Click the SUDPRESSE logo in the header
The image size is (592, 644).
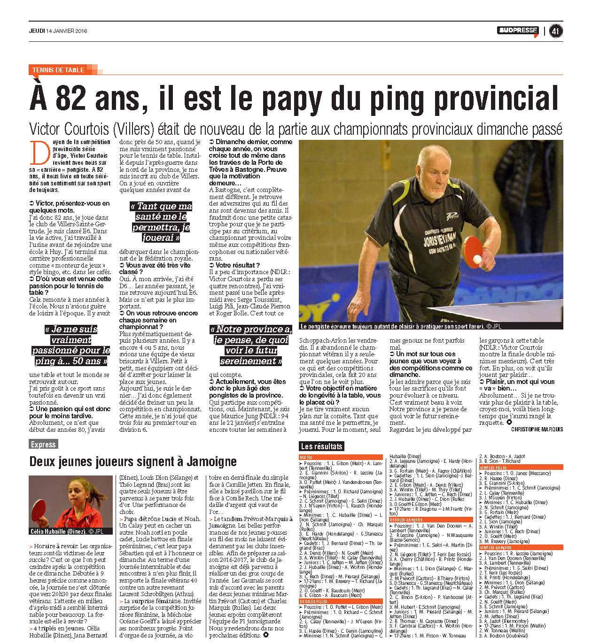pos(518,31)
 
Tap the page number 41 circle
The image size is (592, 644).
pos(556,31)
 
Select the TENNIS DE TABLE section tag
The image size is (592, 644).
pos(58,70)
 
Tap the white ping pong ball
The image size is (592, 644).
pos(477,259)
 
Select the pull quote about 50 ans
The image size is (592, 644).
pos(71,345)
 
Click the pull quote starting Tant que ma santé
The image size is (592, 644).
pos(161,222)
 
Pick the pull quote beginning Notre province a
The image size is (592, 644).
pos(251,345)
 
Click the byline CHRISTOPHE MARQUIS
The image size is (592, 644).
pos(537,429)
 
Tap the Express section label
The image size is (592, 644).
pos(43,444)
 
